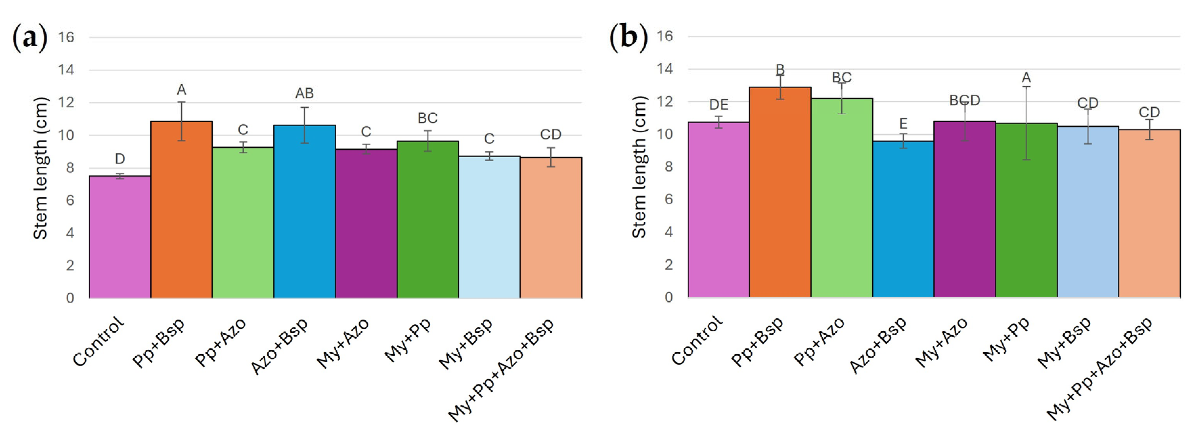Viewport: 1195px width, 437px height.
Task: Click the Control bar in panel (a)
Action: (120, 237)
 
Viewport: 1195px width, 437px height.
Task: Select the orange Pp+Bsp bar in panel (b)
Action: (780, 192)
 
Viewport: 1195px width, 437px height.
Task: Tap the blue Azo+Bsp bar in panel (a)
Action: (304, 211)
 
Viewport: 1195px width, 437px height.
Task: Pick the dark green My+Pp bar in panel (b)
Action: (1026, 210)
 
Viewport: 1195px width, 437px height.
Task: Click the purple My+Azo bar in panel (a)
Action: (366, 223)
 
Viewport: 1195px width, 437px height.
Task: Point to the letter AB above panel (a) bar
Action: (304, 94)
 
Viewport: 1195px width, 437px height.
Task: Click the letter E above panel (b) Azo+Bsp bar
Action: (903, 124)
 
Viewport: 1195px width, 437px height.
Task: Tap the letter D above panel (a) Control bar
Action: (120, 159)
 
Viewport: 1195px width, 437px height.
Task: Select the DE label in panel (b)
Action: (719, 105)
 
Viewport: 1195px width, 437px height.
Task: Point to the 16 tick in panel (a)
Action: (66, 37)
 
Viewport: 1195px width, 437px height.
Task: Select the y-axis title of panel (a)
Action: (41, 168)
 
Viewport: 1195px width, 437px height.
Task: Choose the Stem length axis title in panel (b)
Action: (639, 167)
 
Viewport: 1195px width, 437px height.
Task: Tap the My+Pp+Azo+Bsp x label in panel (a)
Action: (501, 369)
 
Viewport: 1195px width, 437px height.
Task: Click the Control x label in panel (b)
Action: (697, 340)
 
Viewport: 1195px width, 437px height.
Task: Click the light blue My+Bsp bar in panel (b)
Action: (1088, 212)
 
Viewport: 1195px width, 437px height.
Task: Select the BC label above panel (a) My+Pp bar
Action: (428, 118)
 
